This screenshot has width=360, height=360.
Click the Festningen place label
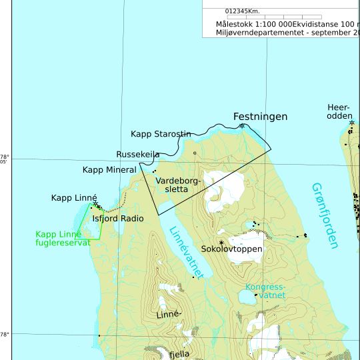coord(260,117)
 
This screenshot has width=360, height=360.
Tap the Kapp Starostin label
coord(161,134)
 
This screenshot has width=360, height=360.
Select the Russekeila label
coord(137,155)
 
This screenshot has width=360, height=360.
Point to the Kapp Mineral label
coord(109,170)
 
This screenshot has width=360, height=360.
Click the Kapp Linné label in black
coord(74,198)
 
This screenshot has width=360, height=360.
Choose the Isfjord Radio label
coord(118,218)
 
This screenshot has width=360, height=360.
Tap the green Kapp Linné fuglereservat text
coord(63,238)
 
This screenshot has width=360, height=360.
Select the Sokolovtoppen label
coord(231,249)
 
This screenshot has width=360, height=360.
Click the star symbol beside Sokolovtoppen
coord(221,243)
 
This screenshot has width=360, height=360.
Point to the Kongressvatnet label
coord(265,291)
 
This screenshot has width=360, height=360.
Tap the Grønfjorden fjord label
coord(325,215)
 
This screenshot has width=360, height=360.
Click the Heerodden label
coord(339,111)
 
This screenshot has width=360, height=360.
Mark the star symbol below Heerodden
coord(351,123)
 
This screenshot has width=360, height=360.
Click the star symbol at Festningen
coord(242,125)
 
